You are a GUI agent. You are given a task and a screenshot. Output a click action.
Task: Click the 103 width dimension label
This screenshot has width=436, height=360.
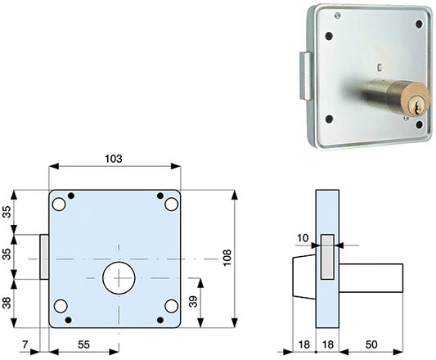[x=114, y=159]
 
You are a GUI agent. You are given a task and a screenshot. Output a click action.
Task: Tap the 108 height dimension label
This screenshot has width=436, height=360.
[x=227, y=258]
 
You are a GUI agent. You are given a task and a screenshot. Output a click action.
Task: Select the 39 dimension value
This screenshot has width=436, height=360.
[x=193, y=302]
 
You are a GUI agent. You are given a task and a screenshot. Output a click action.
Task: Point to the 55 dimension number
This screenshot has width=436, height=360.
[x=83, y=344]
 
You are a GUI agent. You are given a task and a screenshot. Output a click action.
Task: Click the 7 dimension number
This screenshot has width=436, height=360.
[x=25, y=344]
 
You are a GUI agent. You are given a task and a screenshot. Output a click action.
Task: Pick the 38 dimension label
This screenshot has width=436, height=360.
[x=7, y=303]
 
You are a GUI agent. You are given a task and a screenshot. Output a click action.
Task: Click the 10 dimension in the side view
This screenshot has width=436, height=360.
[x=303, y=238]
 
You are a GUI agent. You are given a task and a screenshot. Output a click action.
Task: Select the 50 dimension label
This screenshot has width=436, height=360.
[x=371, y=344]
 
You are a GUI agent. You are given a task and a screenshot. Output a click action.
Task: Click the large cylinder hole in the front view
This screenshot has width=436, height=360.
[x=119, y=278]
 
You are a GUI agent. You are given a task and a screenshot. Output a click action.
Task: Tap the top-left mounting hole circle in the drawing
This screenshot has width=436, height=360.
[x=59, y=205]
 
